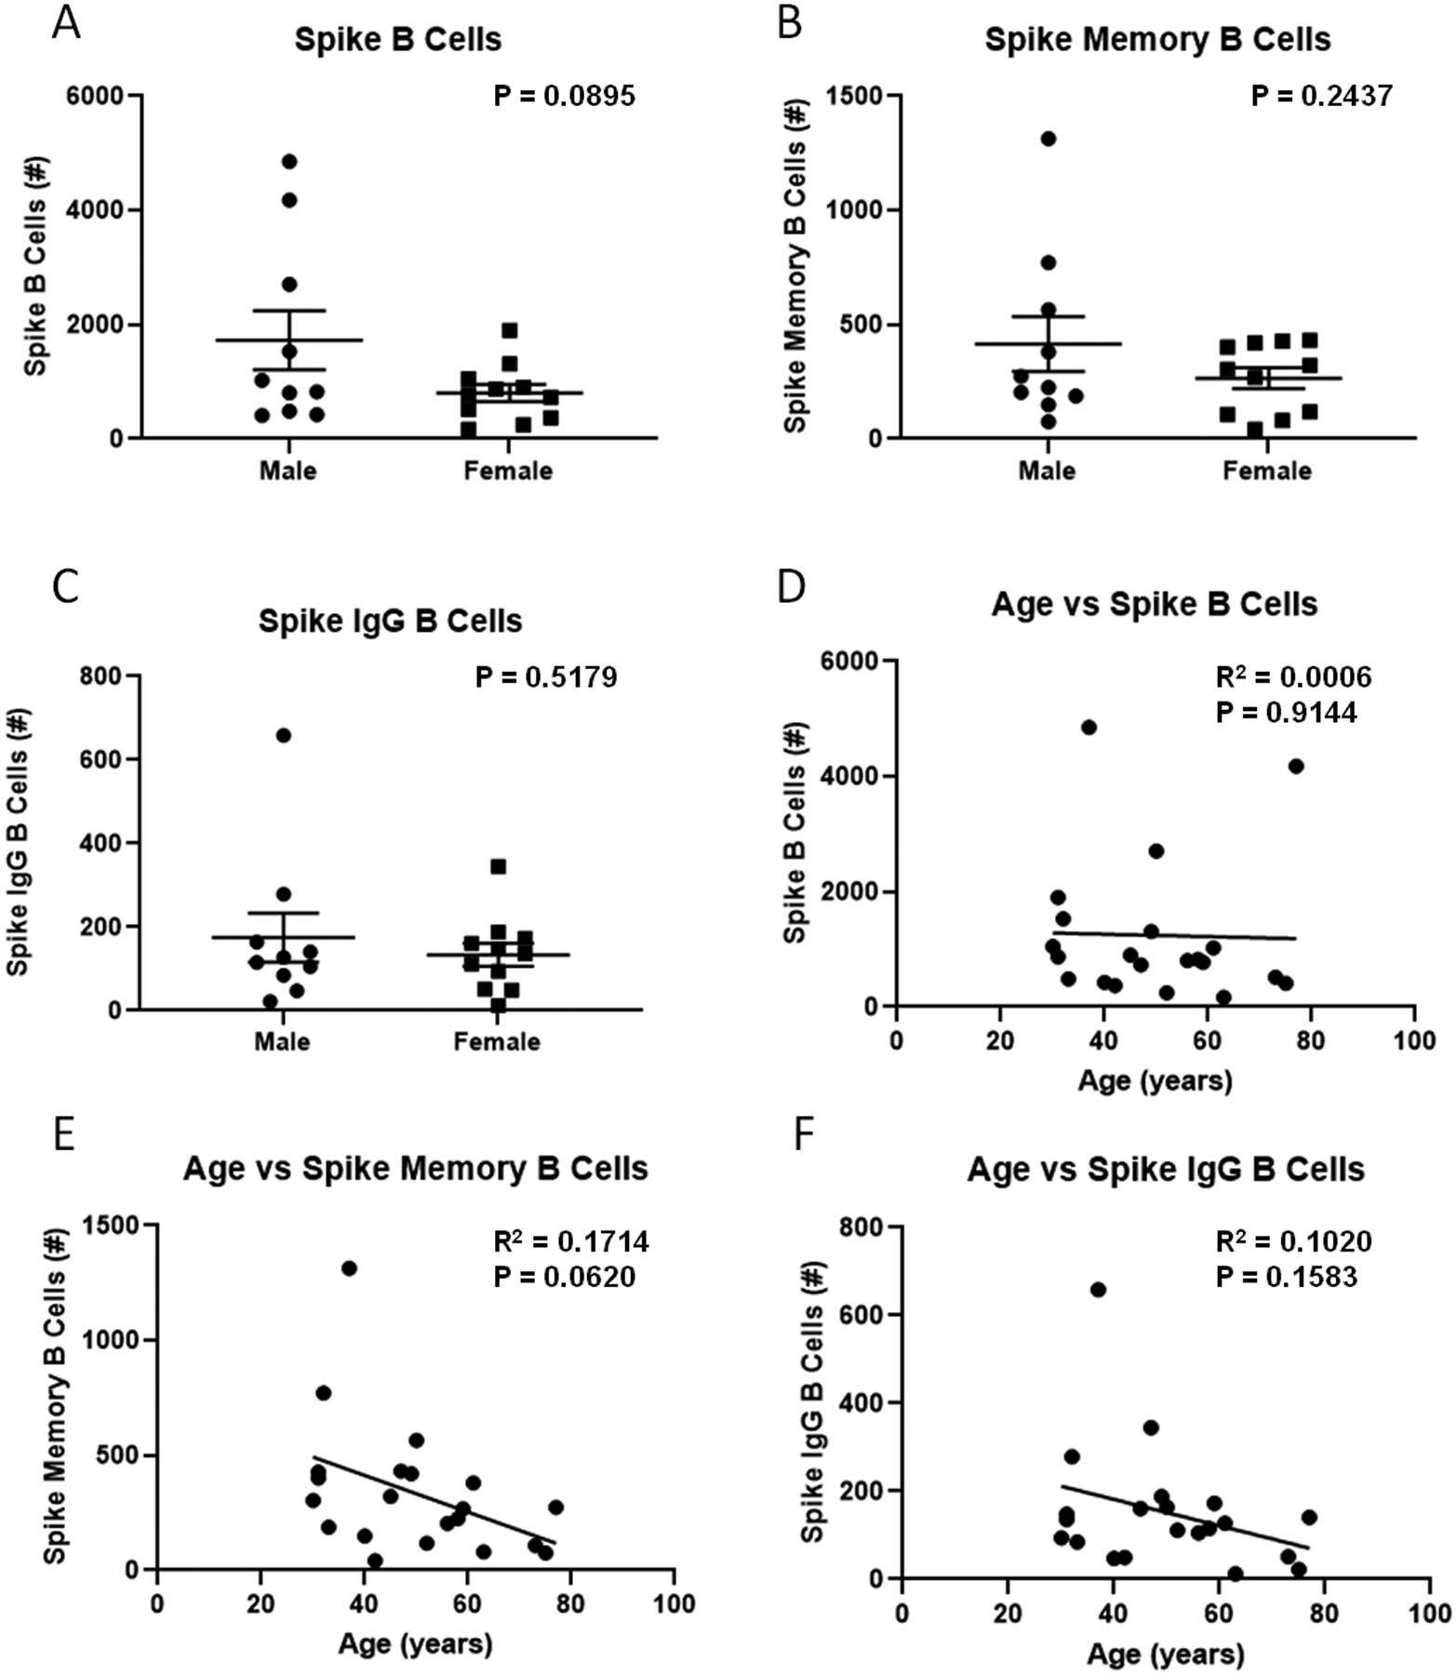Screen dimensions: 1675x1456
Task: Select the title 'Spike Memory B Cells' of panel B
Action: (1157, 40)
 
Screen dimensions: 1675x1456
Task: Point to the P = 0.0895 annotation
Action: (564, 96)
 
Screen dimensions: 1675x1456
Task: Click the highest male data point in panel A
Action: (289, 162)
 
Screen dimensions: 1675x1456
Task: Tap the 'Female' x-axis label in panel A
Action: (508, 471)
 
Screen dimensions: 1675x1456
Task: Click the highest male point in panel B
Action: (1048, 140)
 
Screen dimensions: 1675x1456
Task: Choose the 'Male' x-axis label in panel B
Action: (1047, 471)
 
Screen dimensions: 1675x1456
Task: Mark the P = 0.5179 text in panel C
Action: (546, 677)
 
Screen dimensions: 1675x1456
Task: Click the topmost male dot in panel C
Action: (284, 736)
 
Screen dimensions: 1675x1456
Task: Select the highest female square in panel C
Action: (499, 867)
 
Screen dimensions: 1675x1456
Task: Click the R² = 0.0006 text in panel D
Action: (1293, 677)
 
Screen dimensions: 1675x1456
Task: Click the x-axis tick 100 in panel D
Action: (1414, 1039)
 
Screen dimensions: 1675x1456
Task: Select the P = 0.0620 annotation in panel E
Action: (564, 1277)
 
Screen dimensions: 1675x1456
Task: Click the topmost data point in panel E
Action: (349, 1268)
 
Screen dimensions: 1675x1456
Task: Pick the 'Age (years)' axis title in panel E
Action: (415, 1644)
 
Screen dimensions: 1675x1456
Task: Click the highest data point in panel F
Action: (1098, 1290)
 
